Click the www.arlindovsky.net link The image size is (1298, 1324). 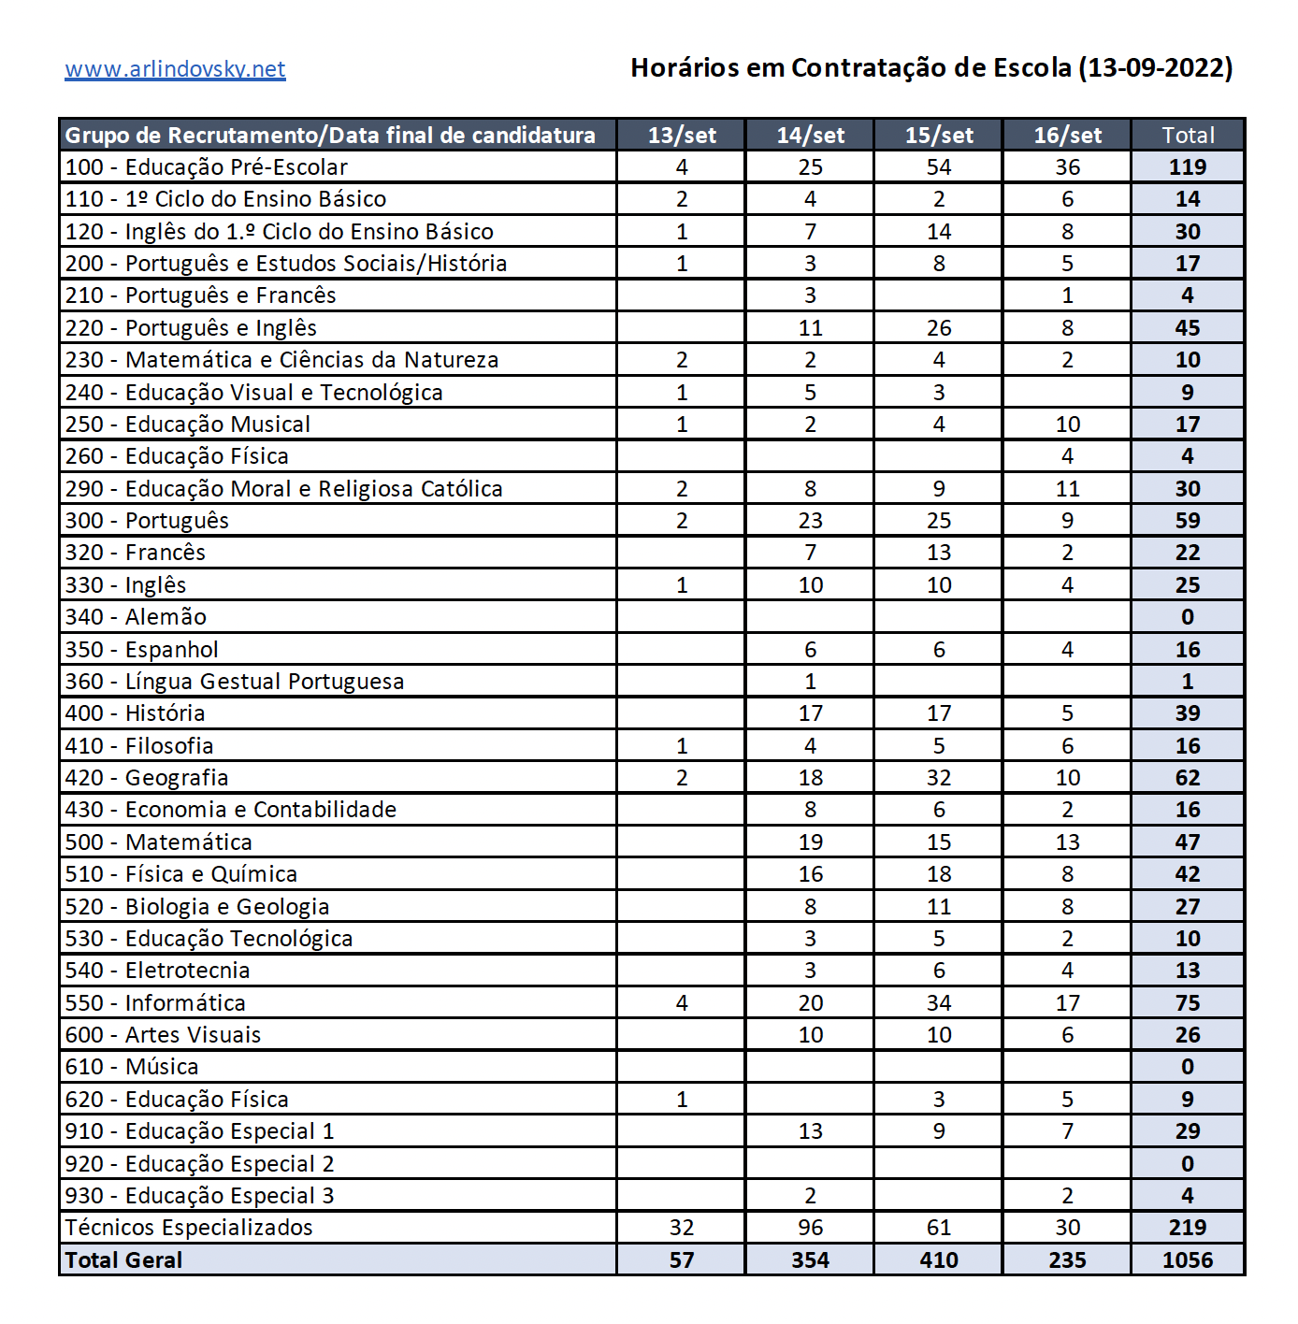175,69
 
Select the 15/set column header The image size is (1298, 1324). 939,136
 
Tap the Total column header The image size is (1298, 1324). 1188,136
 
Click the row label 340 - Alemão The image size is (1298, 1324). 136,617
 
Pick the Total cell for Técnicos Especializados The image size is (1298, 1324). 1188,1228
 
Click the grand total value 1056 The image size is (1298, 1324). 1188,1260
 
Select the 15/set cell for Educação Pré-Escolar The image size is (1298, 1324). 939,167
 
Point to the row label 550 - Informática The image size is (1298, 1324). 155,1003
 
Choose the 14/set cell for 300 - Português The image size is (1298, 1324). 811,521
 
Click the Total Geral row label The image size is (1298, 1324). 123,1260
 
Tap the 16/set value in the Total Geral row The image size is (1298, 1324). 1067,1260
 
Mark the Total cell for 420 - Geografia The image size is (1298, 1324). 1188,778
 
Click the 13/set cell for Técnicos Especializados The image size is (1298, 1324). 682,1228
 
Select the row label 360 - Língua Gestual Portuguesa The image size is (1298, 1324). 235,682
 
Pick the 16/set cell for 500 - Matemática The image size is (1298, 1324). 1067,842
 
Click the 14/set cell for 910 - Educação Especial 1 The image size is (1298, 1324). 811,1131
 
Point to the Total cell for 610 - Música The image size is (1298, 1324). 1188,1067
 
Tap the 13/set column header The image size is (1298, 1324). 682,136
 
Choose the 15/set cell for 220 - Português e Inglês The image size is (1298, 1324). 939,328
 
